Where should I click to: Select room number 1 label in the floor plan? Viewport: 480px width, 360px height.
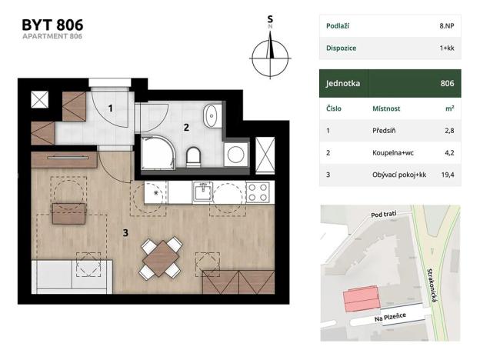tap(111, 108)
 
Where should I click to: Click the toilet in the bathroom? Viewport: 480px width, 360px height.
tap(194, 158)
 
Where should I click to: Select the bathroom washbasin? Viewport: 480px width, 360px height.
tap(212, 117)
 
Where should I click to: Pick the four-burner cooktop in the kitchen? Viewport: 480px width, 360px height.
tap(257, 191)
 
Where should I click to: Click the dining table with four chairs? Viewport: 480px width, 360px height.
tap(162, 258)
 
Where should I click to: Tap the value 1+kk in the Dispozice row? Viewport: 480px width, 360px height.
tap(445, 48)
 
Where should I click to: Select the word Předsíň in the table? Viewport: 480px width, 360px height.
tap(384, 131)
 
